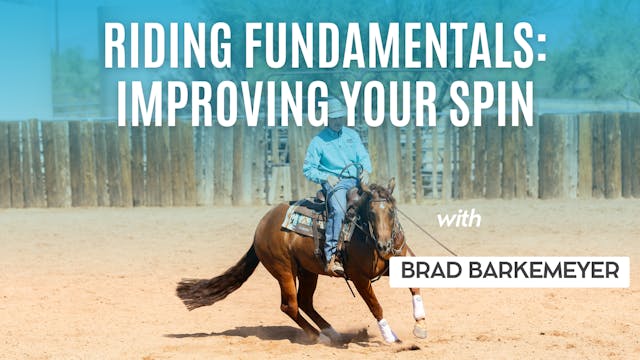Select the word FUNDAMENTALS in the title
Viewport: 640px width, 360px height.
(x=379, y=45)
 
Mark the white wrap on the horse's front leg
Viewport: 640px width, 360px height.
(x=418, y=307)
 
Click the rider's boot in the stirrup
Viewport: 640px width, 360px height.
(x=334, y=266)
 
